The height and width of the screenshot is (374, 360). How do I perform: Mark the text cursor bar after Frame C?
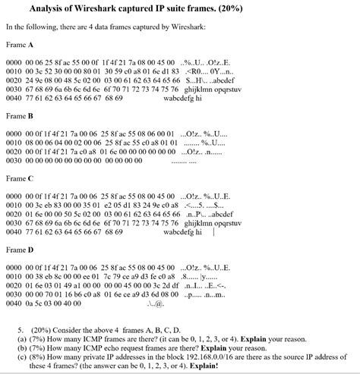[x=214, y=232]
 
